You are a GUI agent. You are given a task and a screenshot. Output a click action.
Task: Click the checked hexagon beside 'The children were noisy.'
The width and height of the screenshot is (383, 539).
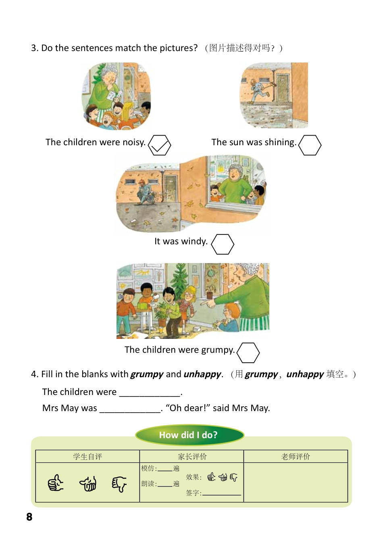pyautogui.click(x=160, y=145)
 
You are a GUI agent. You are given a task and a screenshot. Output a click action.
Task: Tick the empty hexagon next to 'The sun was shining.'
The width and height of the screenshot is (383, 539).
pyautogui.click(x=310, y=145)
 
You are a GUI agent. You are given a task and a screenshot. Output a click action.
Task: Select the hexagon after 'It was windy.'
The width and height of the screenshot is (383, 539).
pyautogui.click(x=223, y=244)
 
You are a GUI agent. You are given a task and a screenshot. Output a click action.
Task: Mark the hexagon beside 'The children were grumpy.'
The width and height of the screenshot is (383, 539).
pyautogui.click(x=248, y=353)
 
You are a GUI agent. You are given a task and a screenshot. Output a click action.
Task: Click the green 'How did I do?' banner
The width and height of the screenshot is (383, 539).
pyautogui.click(x=189, y=435)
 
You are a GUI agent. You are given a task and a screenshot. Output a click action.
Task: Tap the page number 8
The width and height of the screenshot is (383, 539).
pyautogui.click(x=29, y=517)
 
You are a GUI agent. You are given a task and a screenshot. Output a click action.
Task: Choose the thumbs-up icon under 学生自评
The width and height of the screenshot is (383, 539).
pyautogui.click(x=56, y=483)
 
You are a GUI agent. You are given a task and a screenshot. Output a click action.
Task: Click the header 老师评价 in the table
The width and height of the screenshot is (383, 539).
pyautogui.click(x=296, y=456)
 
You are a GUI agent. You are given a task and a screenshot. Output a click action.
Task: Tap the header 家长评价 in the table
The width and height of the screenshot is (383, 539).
pyautogui.click(x=192, y=456)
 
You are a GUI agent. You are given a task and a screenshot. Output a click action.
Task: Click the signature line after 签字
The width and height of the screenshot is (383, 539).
pyautogui.click(x=222, y=493)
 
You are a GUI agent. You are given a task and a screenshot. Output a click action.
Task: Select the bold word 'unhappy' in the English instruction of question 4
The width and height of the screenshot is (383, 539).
pyautogui.click(x=202, y=374)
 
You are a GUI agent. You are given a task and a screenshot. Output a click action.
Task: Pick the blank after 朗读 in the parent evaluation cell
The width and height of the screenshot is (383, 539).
pyautogui.click(x=165, y=484)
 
